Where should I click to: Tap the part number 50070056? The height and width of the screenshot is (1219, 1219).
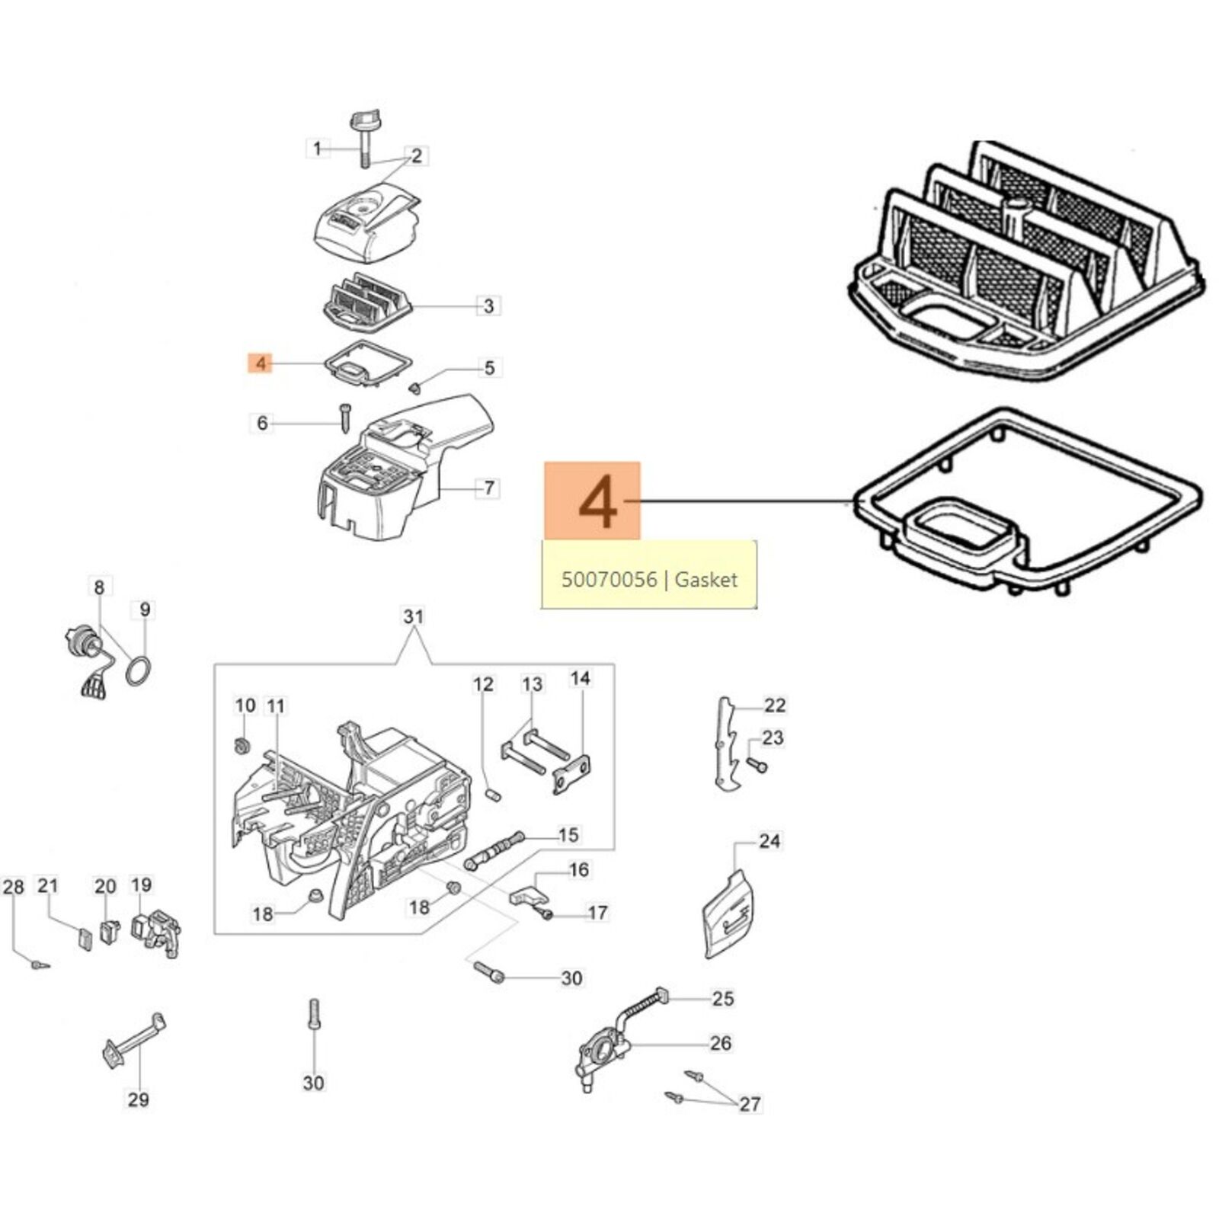[609, 580]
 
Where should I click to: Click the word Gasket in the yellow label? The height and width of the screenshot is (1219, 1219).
[706, 580]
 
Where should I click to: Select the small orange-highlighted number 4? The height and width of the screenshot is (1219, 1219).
[261, 363]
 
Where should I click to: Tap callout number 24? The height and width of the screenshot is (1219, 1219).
[769, 841]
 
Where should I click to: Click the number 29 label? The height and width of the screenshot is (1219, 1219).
[138, 1099]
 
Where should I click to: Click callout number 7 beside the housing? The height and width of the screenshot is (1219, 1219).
[489, 488]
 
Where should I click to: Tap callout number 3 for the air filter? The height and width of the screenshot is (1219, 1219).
[488, 306]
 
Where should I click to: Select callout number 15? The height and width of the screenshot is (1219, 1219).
[568, 835]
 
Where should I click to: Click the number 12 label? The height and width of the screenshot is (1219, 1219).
[484, 684]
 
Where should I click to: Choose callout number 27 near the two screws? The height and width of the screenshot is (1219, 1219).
[750, 1104]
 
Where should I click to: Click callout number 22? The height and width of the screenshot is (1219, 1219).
[774, 705]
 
